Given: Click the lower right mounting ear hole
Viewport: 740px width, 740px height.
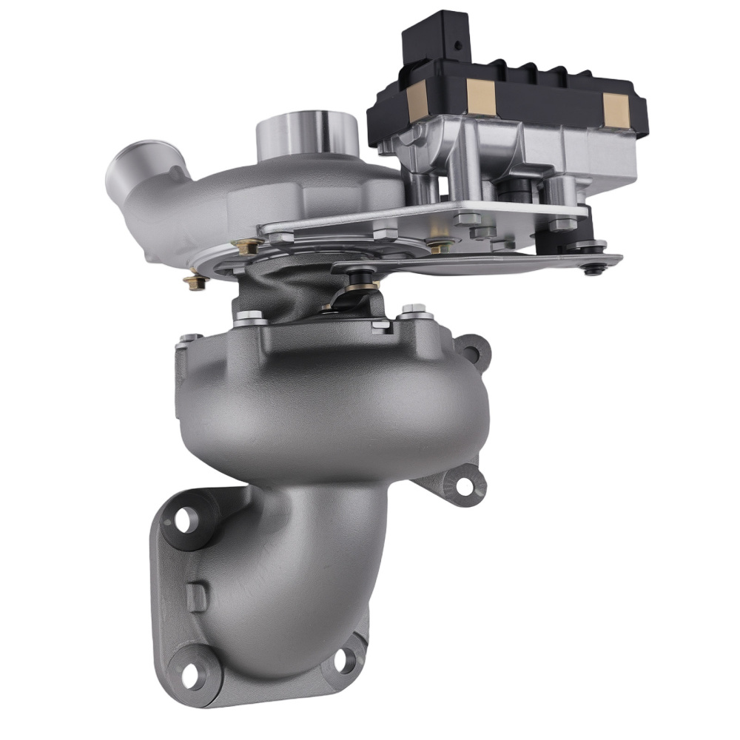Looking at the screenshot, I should point(464,485).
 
